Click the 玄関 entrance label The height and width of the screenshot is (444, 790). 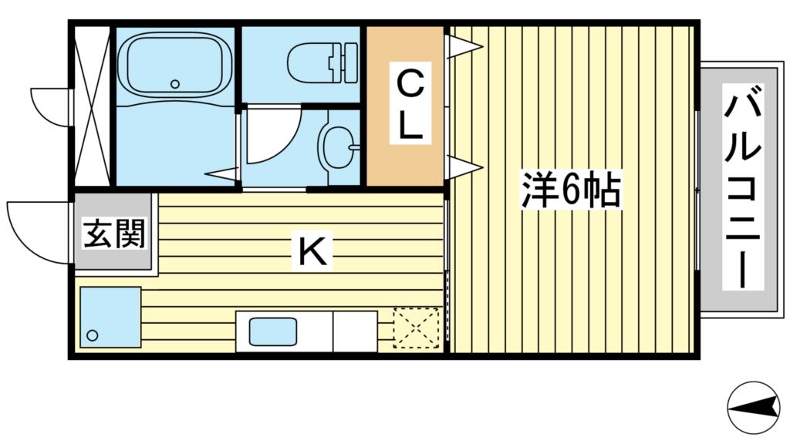click(x=115, y=234)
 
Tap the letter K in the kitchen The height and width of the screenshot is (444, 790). click(x=313, y=251)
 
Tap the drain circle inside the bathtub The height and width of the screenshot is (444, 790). click(x=175, y=84)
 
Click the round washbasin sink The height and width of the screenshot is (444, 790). click(x=337, y=145)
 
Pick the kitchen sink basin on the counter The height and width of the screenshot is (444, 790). click(x=273, y=332)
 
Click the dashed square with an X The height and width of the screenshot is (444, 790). click(x=416, y=326)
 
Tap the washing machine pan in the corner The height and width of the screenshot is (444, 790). click(x=110, y=317)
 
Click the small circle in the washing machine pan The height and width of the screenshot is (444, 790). click(x=93, y=335)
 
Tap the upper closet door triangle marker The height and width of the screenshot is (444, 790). click(x=464, y=48)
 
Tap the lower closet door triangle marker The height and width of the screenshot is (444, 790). click(x=464, y=166)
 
